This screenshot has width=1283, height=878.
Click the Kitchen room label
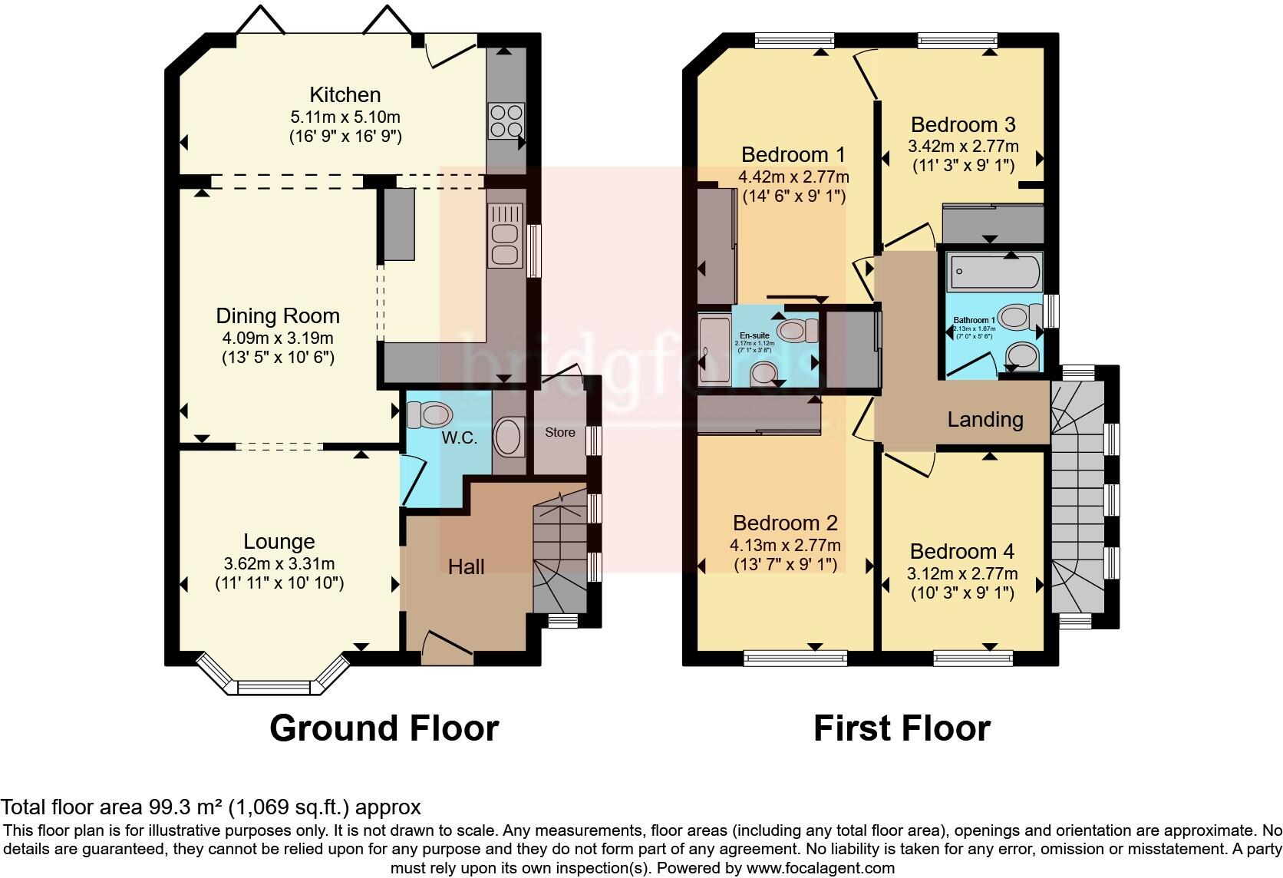pos(345,95)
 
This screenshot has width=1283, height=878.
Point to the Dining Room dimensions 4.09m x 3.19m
pos(277,338)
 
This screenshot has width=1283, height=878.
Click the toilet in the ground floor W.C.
pos(429,415)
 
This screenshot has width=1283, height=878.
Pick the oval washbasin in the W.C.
pos(508,437)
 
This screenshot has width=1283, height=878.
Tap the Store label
pos(559,432)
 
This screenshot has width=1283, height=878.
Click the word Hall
pos(466,566)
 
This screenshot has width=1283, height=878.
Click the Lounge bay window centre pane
pos(279,688)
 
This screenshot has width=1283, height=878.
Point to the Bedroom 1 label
pos(793,154)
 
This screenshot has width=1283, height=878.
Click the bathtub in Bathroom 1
pos(994,270)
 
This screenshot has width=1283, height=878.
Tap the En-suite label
pos(754,335)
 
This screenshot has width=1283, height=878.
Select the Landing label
pos(985,419)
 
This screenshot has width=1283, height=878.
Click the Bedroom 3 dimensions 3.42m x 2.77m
pos(963,146)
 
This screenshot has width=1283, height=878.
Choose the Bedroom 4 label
pos(961,551)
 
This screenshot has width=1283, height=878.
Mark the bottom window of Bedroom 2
pos(796,658)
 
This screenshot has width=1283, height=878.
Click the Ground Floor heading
pos(384,728)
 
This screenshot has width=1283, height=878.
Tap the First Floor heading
pos(901,728)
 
